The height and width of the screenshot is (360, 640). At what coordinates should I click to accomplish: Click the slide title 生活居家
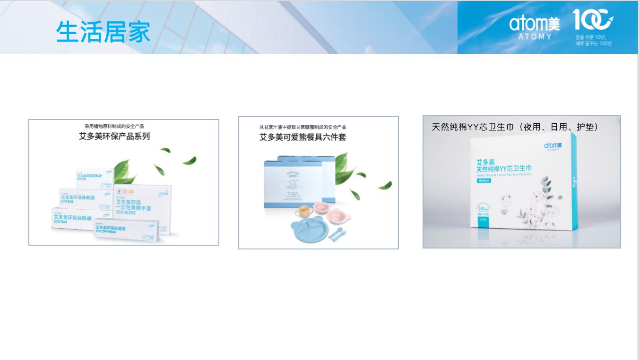click(103, 32)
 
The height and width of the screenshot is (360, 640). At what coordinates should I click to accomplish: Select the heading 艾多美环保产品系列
click(114, 137)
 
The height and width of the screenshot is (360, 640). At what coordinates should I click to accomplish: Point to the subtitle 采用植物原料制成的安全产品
click(114, 126)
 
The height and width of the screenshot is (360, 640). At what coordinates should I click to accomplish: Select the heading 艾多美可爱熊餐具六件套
click(303, 137)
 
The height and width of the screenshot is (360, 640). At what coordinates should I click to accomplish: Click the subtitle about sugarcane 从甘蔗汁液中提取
click(303, 127)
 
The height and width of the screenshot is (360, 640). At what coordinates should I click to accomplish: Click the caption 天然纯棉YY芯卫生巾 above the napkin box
click(515, 127)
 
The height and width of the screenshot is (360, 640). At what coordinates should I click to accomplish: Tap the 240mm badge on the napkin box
click(483, 208)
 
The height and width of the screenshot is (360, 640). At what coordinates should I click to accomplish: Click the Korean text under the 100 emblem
click(593, 40)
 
